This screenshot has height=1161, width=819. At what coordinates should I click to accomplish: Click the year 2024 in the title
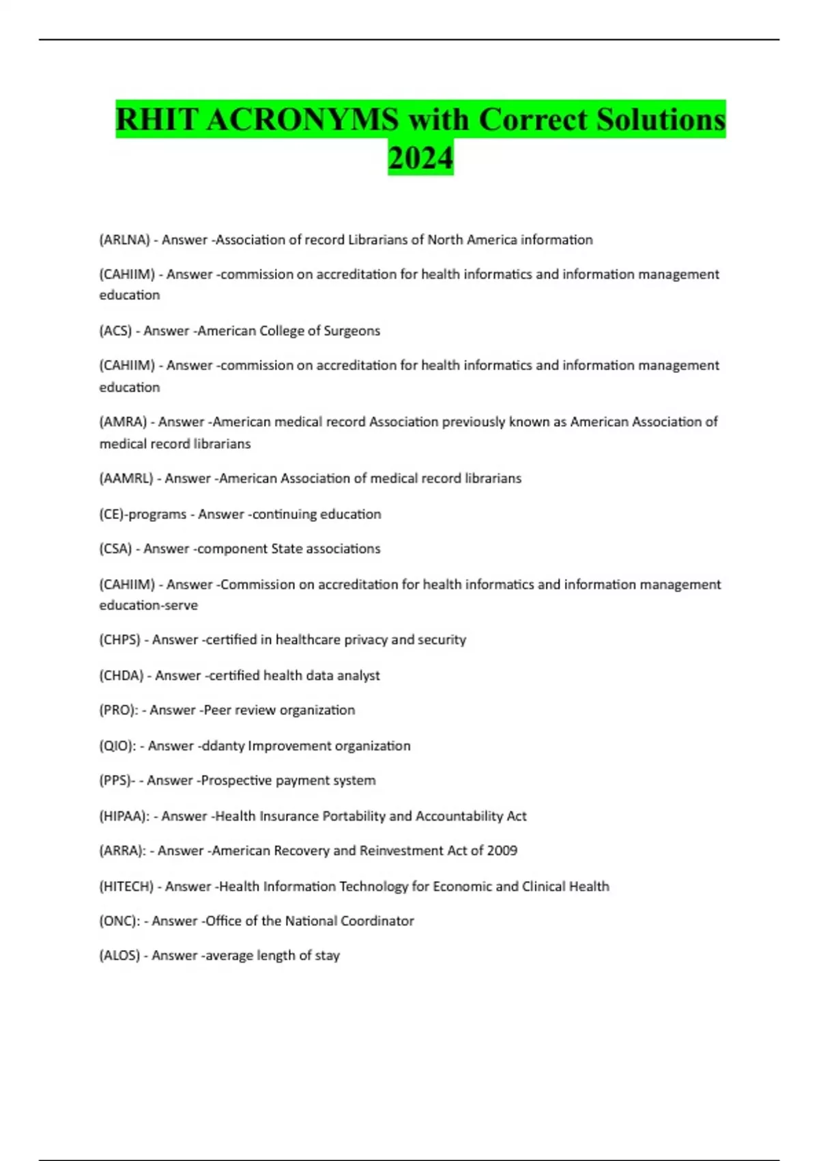pos(420,158)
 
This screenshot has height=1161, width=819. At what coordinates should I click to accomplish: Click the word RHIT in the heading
pos(157,120)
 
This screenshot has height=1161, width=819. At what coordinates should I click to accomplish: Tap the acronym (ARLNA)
pos(124,240)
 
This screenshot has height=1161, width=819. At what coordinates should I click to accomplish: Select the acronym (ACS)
pos(115,331)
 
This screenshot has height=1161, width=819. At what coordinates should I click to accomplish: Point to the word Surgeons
pos(352,331)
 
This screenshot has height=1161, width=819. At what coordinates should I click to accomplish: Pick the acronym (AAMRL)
pos(126,479)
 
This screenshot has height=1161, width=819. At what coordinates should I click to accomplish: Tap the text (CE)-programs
pos(143,514)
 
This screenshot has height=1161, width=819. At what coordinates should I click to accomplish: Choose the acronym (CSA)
pos(115,549)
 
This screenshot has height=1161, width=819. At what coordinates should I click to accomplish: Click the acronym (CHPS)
pos(120,640)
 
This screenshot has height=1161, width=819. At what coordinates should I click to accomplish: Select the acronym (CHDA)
pos(121,675)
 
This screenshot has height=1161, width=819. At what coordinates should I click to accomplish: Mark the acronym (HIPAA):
pos(124,816)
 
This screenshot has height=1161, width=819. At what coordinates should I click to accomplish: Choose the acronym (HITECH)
pos(126,886)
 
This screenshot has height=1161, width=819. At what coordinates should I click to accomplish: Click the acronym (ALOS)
pos(119,955)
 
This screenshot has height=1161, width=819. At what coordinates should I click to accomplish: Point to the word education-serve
pos(148,606)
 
